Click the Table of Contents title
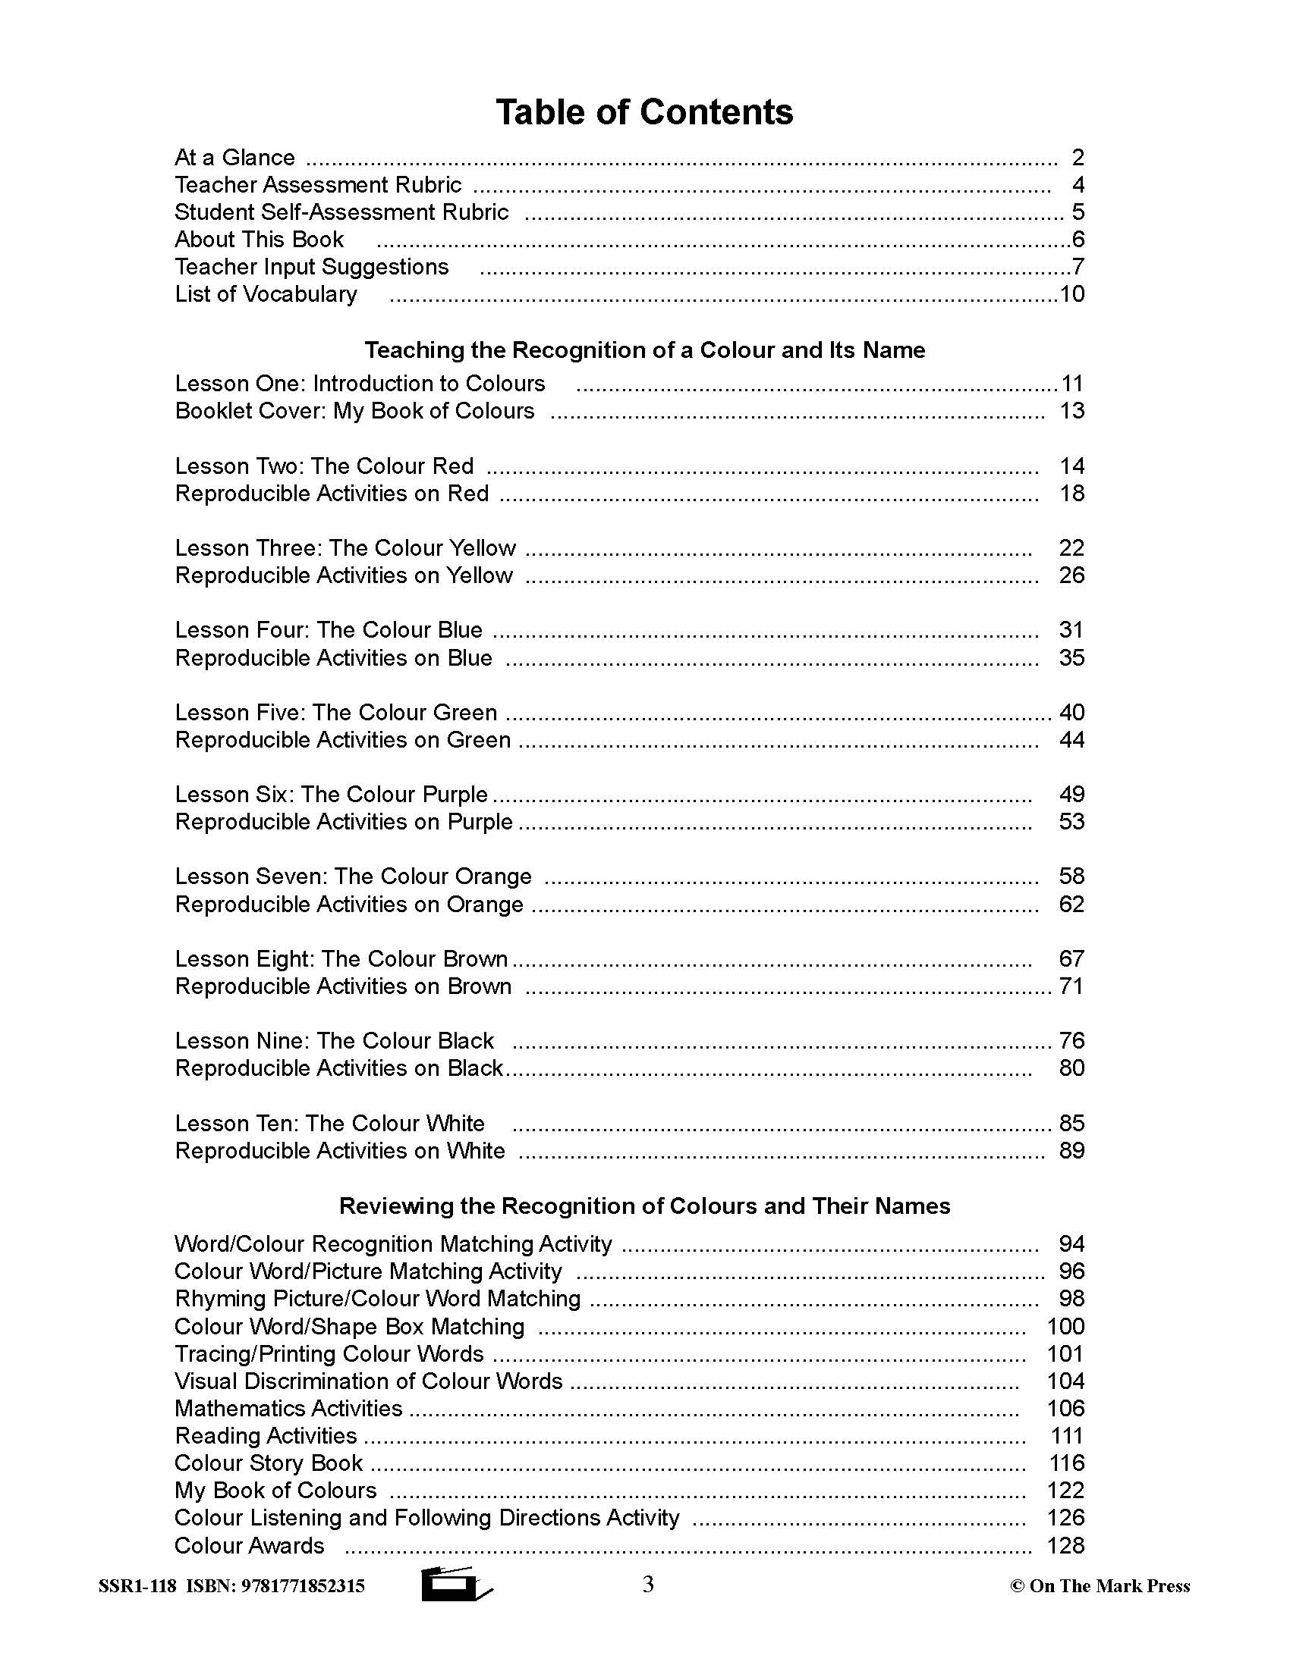point(644,111)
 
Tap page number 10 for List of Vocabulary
point(1071,294)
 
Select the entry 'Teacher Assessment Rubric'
point(318,185)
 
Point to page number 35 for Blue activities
point(1071,657)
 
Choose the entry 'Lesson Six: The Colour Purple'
point(331,795)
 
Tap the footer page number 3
point(648,1585)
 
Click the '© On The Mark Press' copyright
point(1100,1586)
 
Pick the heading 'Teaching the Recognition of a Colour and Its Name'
point(644,350)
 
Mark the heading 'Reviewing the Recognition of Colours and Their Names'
point(644,1206)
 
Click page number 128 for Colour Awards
point(1065,1545)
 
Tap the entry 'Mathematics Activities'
point(288,1409)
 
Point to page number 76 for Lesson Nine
point(1071,1041)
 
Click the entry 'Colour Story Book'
point(268,1463)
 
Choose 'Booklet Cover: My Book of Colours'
point(354,411)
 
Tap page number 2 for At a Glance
point(1078,158)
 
